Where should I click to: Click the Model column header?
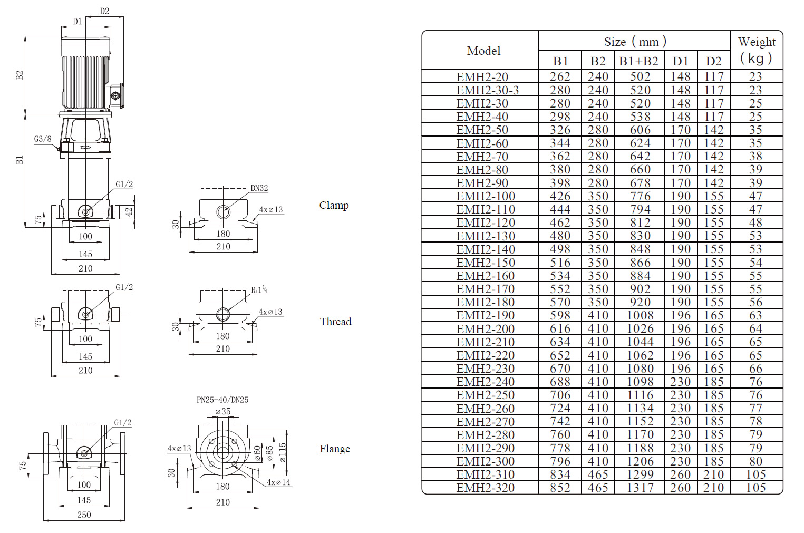point(483,51)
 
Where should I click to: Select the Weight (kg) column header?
point(757,50)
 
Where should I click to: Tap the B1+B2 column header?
point(638,61)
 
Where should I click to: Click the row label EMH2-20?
point(482,77)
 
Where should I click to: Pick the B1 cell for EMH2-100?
point(560,196)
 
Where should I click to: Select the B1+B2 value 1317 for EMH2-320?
point(640,488)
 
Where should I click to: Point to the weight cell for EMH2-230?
point(755,369)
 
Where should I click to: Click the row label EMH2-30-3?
point(487,90)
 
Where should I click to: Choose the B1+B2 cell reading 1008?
point(640,315)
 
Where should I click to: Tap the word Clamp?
point(334,205)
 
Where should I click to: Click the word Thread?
point(335,322)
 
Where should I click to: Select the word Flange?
point(334,449)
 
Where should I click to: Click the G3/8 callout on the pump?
point(43,139)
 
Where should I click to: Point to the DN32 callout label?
point(259,188)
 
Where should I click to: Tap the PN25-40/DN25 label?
point(222,400)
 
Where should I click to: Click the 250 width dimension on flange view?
point(84,515)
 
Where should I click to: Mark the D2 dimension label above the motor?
point(104,11)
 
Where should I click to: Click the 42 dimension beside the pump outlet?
point(128,211)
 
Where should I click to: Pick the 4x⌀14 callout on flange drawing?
point(278,482)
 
